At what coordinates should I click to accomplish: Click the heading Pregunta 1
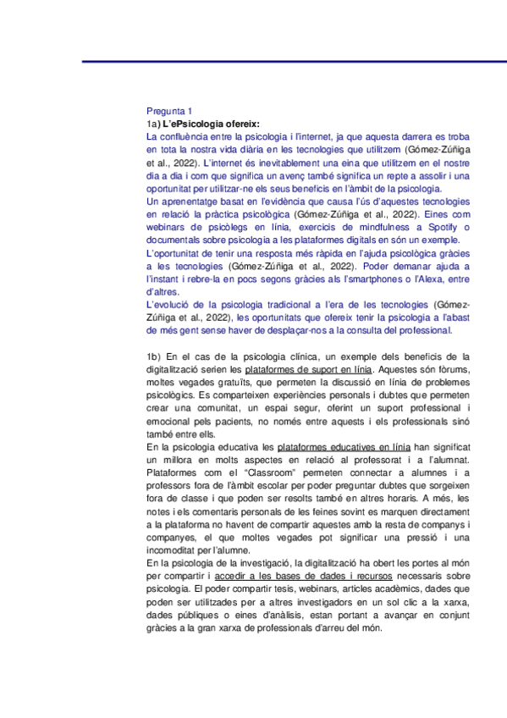click(x=170, y=111)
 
